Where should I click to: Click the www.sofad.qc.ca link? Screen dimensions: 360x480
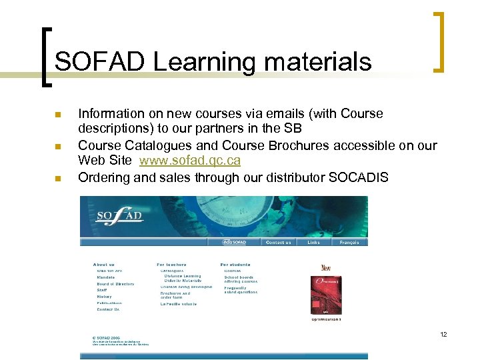190,161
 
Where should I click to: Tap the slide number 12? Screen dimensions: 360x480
443,334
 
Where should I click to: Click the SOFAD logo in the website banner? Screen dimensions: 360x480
119,215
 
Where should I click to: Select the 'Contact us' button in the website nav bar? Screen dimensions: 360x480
278,243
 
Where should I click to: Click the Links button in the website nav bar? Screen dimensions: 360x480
313,243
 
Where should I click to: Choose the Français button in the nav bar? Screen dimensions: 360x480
349,243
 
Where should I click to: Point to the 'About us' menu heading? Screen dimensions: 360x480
104,265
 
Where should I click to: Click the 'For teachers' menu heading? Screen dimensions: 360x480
172,265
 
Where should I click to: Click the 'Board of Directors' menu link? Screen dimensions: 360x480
115,284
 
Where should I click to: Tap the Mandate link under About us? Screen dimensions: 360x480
106,277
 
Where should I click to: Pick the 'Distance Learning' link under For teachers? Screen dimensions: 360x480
183,276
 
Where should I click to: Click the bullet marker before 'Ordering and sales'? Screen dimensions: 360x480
57,179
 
